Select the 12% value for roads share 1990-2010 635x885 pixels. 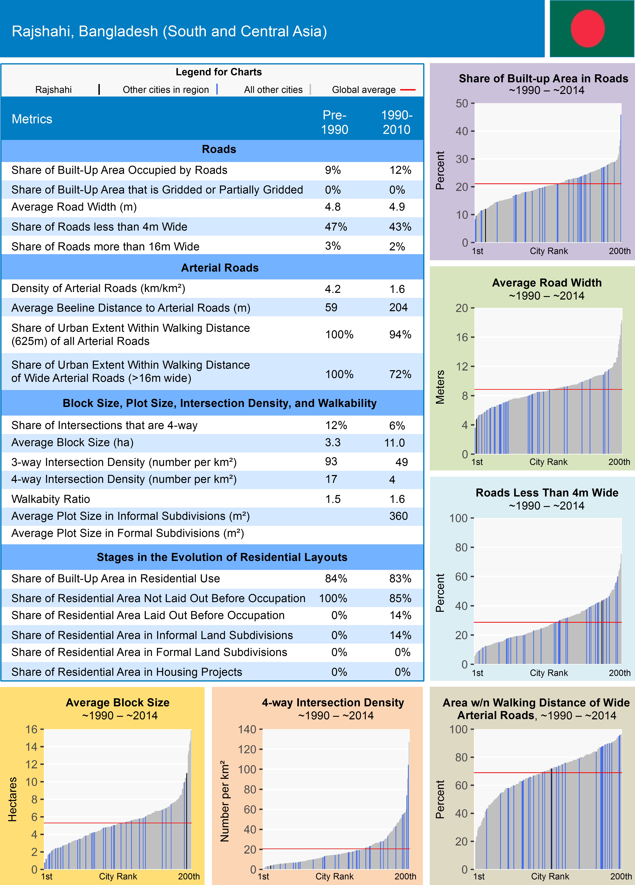pos(400,170)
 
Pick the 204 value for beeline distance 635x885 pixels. pos(398,308)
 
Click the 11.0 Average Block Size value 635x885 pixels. pos(394,442)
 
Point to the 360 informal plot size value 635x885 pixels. pos(398,516)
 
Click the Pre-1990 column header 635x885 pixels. pos(334,122)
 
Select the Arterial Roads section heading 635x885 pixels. pos(220,268)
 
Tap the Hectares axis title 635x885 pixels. pos(13,799)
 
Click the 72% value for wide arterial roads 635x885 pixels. pos(400,374)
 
